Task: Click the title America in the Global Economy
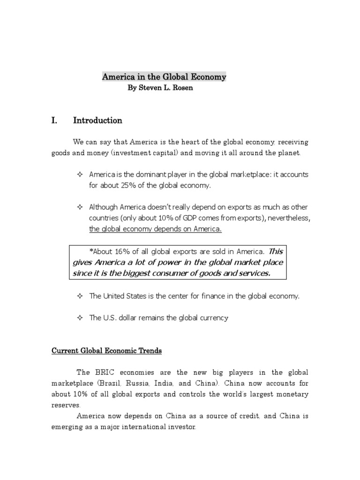(x=164, y=76)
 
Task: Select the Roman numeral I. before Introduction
(x=54, y=120)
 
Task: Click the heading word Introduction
(x=97, y=120)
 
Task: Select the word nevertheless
(x=285, y=218)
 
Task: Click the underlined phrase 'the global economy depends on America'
(x=155, y=229)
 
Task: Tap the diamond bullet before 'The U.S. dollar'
(x=79, y=318)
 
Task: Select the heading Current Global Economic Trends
(x=106, y=351)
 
